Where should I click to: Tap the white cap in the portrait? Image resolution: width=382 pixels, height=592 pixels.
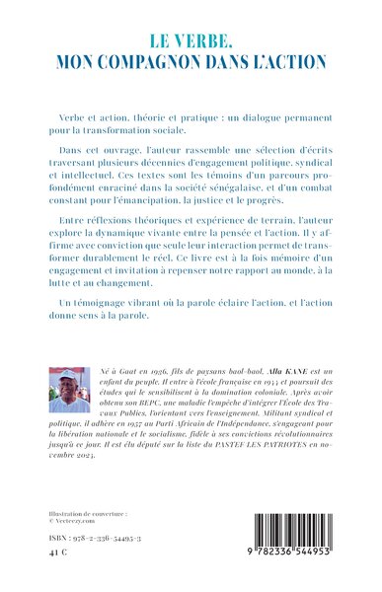(x=67, y=374)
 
